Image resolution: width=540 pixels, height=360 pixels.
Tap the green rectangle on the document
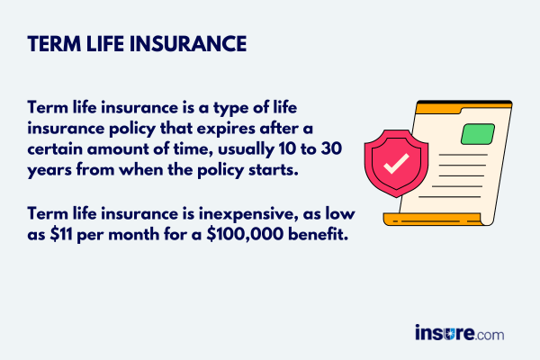[478, 133]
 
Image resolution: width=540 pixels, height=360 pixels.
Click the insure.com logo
[459, 332]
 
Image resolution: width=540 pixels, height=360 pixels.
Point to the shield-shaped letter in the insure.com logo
[455, 333]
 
